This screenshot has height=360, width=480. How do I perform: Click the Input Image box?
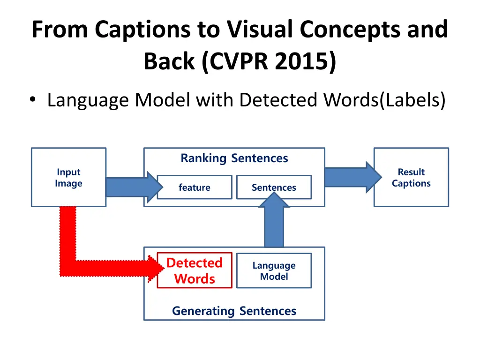[68, 178]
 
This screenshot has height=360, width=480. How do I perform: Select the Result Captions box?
[411, 178]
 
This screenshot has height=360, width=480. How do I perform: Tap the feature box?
[194, 187]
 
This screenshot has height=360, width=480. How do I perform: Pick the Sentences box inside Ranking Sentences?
[274, 187]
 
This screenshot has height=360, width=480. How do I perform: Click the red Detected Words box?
[194, 270]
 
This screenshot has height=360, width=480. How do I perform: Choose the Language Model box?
[274, 270]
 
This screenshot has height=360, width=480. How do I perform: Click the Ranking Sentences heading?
[234, 158]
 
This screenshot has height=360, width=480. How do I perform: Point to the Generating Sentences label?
[234, 311]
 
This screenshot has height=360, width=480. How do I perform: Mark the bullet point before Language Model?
[32, 100]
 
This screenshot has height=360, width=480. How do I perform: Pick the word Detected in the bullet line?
[265, 100]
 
